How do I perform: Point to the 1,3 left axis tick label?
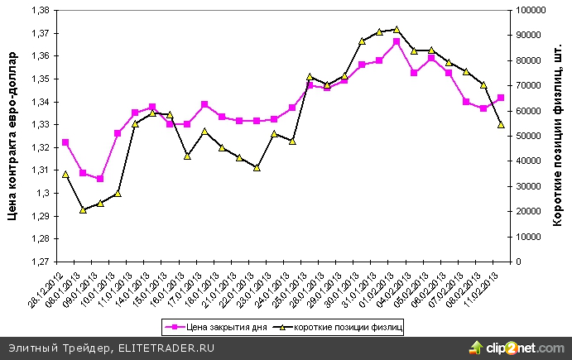(x=43, y=193)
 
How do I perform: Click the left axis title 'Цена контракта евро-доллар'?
(x=12, y=137)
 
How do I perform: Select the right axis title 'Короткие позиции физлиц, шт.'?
(x=558, y=137)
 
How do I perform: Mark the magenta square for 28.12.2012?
(x=65, y=142)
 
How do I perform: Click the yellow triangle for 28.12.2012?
(x=65, y=174)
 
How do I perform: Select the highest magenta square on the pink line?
(x=397, y=41)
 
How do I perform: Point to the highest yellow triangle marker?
(x=397, y=30)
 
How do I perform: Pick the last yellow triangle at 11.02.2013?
(x=501, y=125)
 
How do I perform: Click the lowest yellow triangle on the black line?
(x=83, y=210)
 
